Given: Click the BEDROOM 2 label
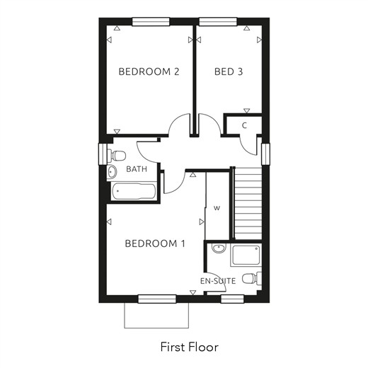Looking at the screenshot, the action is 149,71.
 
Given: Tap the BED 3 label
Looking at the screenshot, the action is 229,71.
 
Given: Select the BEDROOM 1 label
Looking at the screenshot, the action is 155,243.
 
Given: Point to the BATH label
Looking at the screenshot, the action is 137,169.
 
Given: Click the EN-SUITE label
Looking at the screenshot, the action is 218,281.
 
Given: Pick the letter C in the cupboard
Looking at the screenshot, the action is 244,126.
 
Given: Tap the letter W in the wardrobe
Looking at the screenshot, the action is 217,208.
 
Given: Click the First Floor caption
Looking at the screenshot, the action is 190,347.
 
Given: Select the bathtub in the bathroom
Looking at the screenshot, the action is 134,191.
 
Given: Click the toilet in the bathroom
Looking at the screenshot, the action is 116,156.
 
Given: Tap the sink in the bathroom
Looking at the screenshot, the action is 112,171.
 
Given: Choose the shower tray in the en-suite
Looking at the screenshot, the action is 246,255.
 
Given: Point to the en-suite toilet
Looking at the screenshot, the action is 252,279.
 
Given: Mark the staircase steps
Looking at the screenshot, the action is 248,203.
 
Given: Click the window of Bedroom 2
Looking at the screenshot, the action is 151,21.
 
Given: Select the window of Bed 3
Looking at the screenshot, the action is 218,21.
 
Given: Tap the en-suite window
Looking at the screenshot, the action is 232,299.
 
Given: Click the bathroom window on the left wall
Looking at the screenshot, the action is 103,154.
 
